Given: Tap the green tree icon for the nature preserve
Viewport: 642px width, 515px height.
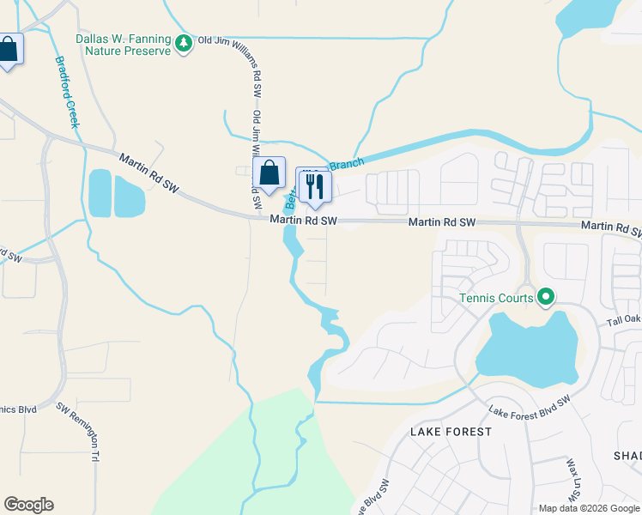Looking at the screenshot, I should coord(183,43).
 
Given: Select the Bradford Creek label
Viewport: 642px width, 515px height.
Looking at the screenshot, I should coord(67,93).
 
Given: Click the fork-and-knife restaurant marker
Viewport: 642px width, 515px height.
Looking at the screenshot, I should coord(313,185).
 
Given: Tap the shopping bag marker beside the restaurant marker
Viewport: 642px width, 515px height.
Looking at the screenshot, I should coord(270,174).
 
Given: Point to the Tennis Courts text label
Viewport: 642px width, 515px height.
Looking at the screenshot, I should coord(496,298).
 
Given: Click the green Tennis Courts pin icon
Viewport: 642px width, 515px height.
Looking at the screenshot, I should coord(545,298).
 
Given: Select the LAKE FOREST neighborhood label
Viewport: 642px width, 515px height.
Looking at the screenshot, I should coord(451,431).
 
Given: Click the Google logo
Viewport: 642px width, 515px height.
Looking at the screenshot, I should coord(28,505).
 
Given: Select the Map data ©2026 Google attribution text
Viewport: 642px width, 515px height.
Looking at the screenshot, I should coord(589,508).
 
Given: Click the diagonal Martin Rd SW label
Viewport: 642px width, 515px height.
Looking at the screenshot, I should coord(148,173).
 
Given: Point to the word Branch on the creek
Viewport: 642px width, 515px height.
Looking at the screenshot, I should coord(347,164).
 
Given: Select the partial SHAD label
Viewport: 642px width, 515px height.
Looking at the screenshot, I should coord(627,455).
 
